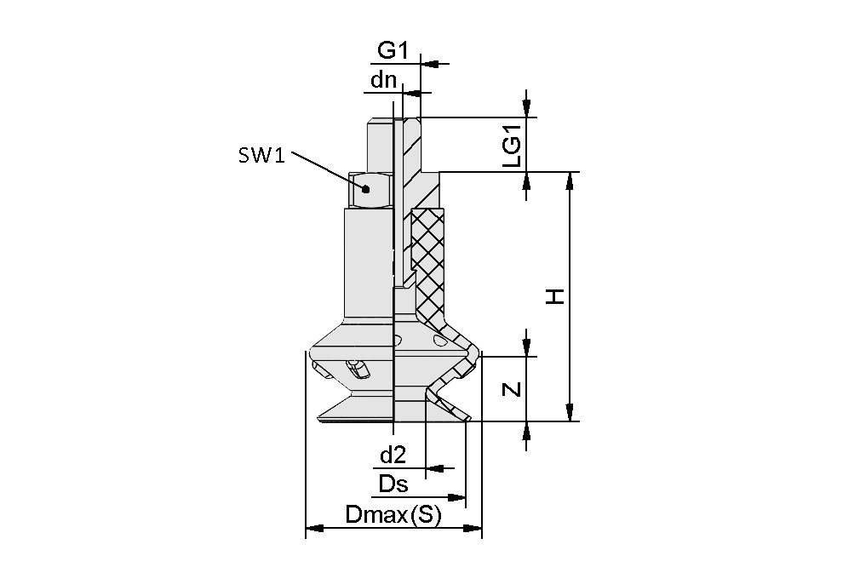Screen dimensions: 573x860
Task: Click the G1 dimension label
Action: tap(393, 51)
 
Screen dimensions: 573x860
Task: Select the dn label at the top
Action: tap(382, 81)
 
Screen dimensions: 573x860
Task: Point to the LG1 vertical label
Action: tap(511, 144)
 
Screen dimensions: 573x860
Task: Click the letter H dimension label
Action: tap(554, 296)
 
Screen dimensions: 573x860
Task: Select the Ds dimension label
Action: tap(393, 485)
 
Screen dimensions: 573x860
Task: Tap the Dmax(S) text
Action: tap(393, 515)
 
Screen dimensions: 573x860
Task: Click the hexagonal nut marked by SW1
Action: tap(370, 189)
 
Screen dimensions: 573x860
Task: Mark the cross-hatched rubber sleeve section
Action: tap(427, 255)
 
